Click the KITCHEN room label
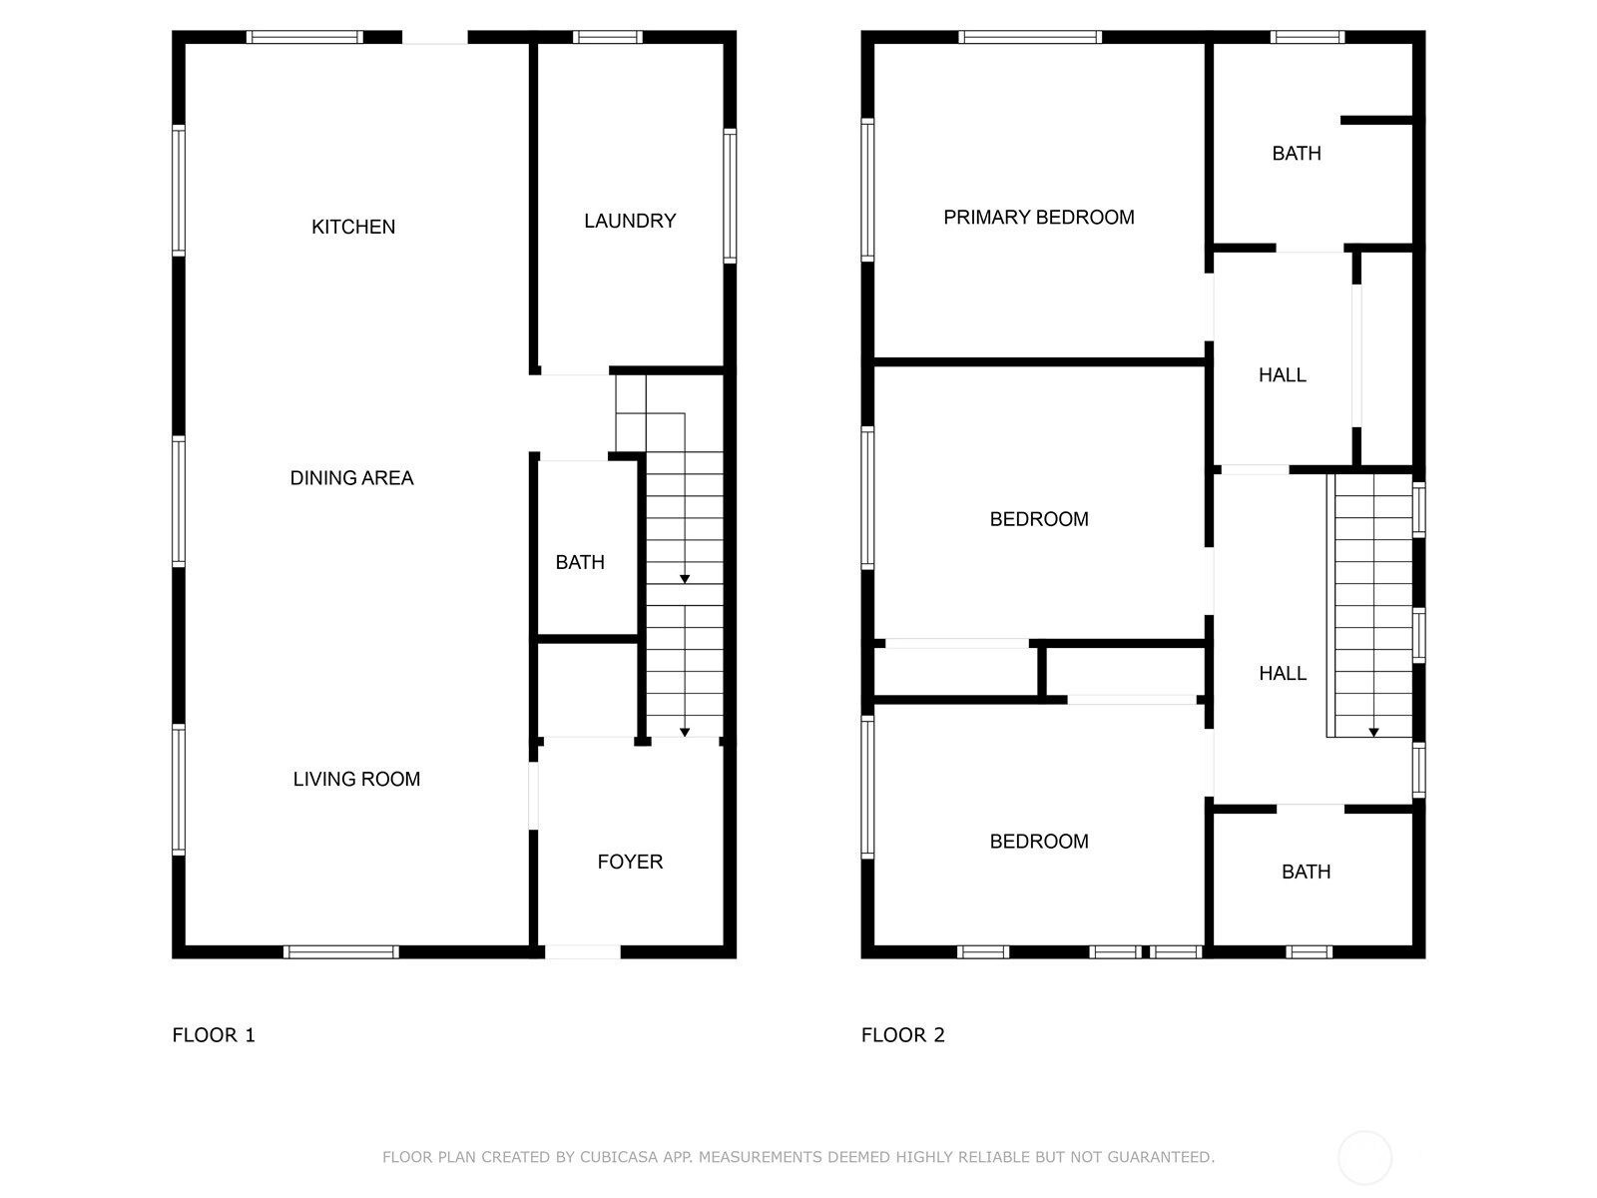(x=353, y=227)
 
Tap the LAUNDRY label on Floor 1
(x=630, y=221)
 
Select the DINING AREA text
(x=351, y=478)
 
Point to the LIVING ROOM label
(x=356, y=779)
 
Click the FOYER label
(x=630, y=862)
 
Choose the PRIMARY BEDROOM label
(x=1039, y=218)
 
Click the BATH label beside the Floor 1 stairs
(x=580, y=562)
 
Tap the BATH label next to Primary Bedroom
(x=1297, y=154)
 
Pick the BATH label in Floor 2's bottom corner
(x=1306, y=872)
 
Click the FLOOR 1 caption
(x=214, y=1035)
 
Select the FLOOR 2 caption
(x=903, y=1035)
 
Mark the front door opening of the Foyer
(x=582, y=951)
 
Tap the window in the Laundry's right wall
(x=730, y=196)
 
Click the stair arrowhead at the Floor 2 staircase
(x=1373, y=733)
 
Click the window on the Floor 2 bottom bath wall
(x=1309, y=951)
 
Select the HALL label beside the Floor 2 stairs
(x=1283, y=674)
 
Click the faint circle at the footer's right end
(x=1364, y=1157)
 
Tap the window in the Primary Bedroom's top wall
(x=1030, y=37)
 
